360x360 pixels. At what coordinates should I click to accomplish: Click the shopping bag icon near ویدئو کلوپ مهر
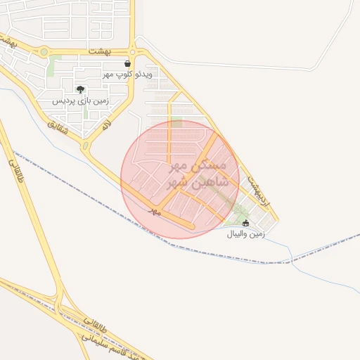pyautogui.click(x=127, y=63)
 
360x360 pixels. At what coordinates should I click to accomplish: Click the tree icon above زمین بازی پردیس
pyautogui.click(x=81, y=89)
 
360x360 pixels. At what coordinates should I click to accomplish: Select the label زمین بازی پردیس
pyautogui.click(x=81, y=101)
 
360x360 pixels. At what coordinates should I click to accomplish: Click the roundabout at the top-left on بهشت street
pyautogui.click(x=44, y=51)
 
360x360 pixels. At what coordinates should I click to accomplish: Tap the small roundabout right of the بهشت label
pyautogui.click(x=132, y=51)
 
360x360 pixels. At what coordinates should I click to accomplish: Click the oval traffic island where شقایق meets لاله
pyautogui.click(x=86, y=146)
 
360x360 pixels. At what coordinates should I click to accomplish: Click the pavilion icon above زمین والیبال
pyautogui.click(x=245, y=224)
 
